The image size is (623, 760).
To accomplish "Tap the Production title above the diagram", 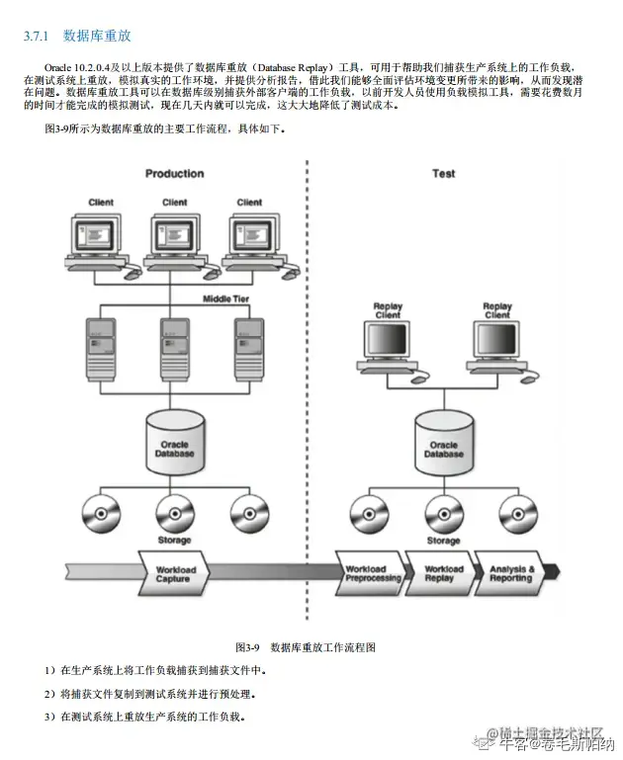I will (175, 174).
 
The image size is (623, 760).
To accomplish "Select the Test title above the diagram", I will (444, 174).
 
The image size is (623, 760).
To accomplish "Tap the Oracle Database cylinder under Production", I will (175, 438).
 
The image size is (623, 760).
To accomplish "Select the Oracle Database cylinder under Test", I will (444, 438).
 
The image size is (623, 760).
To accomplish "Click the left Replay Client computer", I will (388, 342).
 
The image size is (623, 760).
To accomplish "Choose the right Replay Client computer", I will (497, 342).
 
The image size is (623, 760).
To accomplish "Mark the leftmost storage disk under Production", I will (100, 512).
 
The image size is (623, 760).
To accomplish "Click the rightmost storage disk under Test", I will (517, 513).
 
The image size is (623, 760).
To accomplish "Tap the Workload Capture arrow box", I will (175, 574).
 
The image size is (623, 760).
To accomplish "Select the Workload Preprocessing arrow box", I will (372, 574).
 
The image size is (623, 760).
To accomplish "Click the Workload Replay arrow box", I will (443, 574).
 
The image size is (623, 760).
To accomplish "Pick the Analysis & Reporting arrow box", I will (511, 574).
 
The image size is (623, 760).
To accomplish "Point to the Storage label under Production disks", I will (175, 541).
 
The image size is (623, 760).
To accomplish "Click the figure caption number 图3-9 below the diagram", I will (246, 647).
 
